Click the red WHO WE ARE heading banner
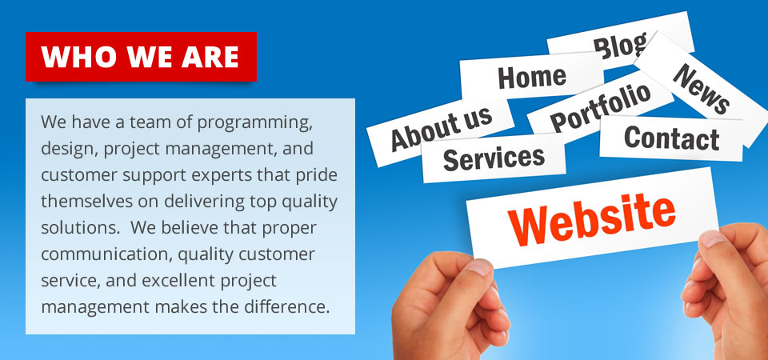pyautogui.click(x=141, y=56)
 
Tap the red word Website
pyautogui.click(x=592, y=218)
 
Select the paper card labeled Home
pyautogui.click(x=532, y=77)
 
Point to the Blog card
pyautogui.click(x=619, y=39)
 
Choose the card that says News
pyautogui.click(x=702, y=88)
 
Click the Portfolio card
pyautogui.click(x=601, y=106)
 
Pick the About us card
pyautogui.click(x=441, y=130)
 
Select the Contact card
pyautogui.click(x=671, y=138)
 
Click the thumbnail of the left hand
pyautogui.click(x=478, y=267)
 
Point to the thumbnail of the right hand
pyautogui.click(x=714, y=239)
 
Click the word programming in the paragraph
pyautogui.click(x=254, y=122)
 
